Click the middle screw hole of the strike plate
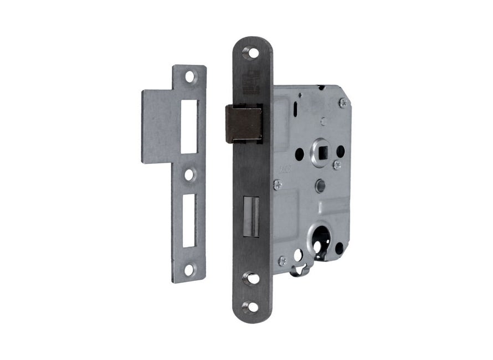[189, 174]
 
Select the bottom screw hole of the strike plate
[189, 270]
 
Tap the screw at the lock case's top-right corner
[343, 102]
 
